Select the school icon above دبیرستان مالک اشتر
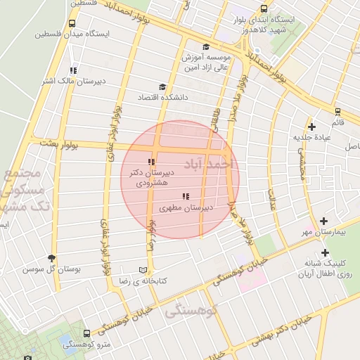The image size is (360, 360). pos(73,70)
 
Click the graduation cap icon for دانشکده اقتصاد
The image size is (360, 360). pos(162,87)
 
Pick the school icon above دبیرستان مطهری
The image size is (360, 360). pos(185,196)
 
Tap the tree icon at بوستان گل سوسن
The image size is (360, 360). pos(51,258)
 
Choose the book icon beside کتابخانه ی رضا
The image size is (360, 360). pos(143,270)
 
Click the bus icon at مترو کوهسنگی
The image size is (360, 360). pos(86,333)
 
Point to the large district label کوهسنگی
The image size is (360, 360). pos(192,311)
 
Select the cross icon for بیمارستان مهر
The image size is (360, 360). pos(323,221)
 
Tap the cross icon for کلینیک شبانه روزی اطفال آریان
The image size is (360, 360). pos(324,252)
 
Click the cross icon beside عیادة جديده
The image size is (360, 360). pos(312,127)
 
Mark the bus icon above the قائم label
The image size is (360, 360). pos(337,111)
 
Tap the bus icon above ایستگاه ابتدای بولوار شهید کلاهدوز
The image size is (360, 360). pos(264,9)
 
